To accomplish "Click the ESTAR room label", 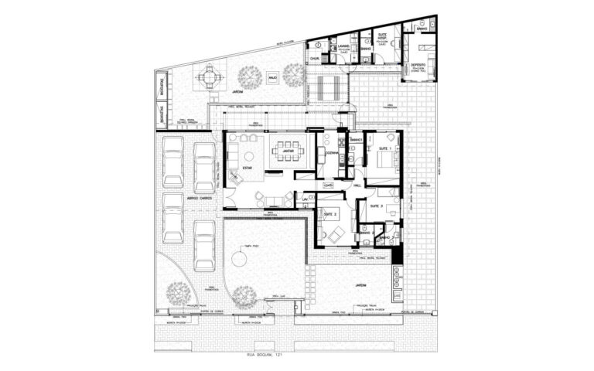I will tap(247, 168).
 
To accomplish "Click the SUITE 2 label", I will tap(329, 213).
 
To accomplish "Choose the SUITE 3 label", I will tap(377, 207).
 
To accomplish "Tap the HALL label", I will tap(357, 185).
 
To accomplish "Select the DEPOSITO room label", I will tap(418, 65).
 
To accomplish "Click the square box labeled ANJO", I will tap(273, 77).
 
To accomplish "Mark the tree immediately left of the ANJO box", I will tap(249, 76).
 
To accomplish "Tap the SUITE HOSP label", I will tap(382, 36).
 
